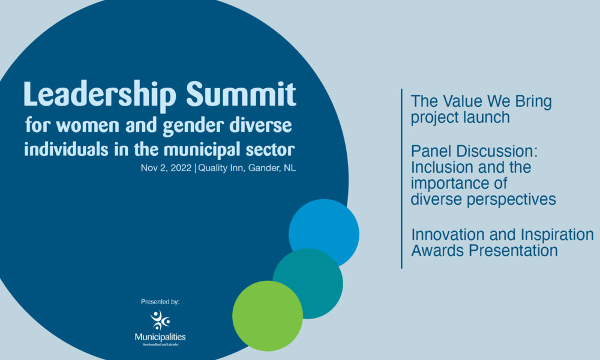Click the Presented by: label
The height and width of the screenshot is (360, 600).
pyautogui.click(x=160, y=302)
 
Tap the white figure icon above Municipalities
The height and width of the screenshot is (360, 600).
pyautogui.click(x=160, y=320)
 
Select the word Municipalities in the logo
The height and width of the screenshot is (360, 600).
pyautogui.click(x=160, y=338)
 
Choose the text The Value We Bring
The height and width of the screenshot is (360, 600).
pyautogui.click(x=481, y=101)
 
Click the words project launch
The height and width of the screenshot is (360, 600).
pyautogui.click(x=460, y=117)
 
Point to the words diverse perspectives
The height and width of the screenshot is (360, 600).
pyautogui.click(x=483, y=199)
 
